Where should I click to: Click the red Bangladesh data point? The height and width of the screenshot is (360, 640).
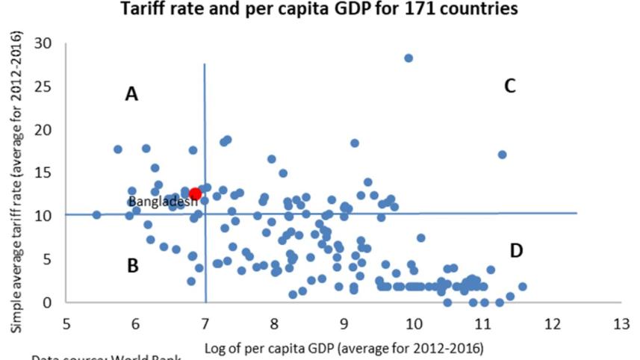point(196,194)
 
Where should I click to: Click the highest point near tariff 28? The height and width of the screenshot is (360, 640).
point(408,58)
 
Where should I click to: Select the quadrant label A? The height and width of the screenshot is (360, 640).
point(131,94)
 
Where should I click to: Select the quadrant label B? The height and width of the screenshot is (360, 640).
point(132,265)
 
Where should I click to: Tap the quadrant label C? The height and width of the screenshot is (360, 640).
point(510,87)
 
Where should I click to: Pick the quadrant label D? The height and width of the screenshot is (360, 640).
point(516,251)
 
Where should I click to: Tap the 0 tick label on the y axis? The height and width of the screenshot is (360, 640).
point(52,302)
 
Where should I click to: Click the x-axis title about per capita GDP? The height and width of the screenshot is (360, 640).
point(344,348)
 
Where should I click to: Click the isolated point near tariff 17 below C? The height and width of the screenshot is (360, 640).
point(503,155)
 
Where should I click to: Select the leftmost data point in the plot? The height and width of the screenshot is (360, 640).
point(96,214)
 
